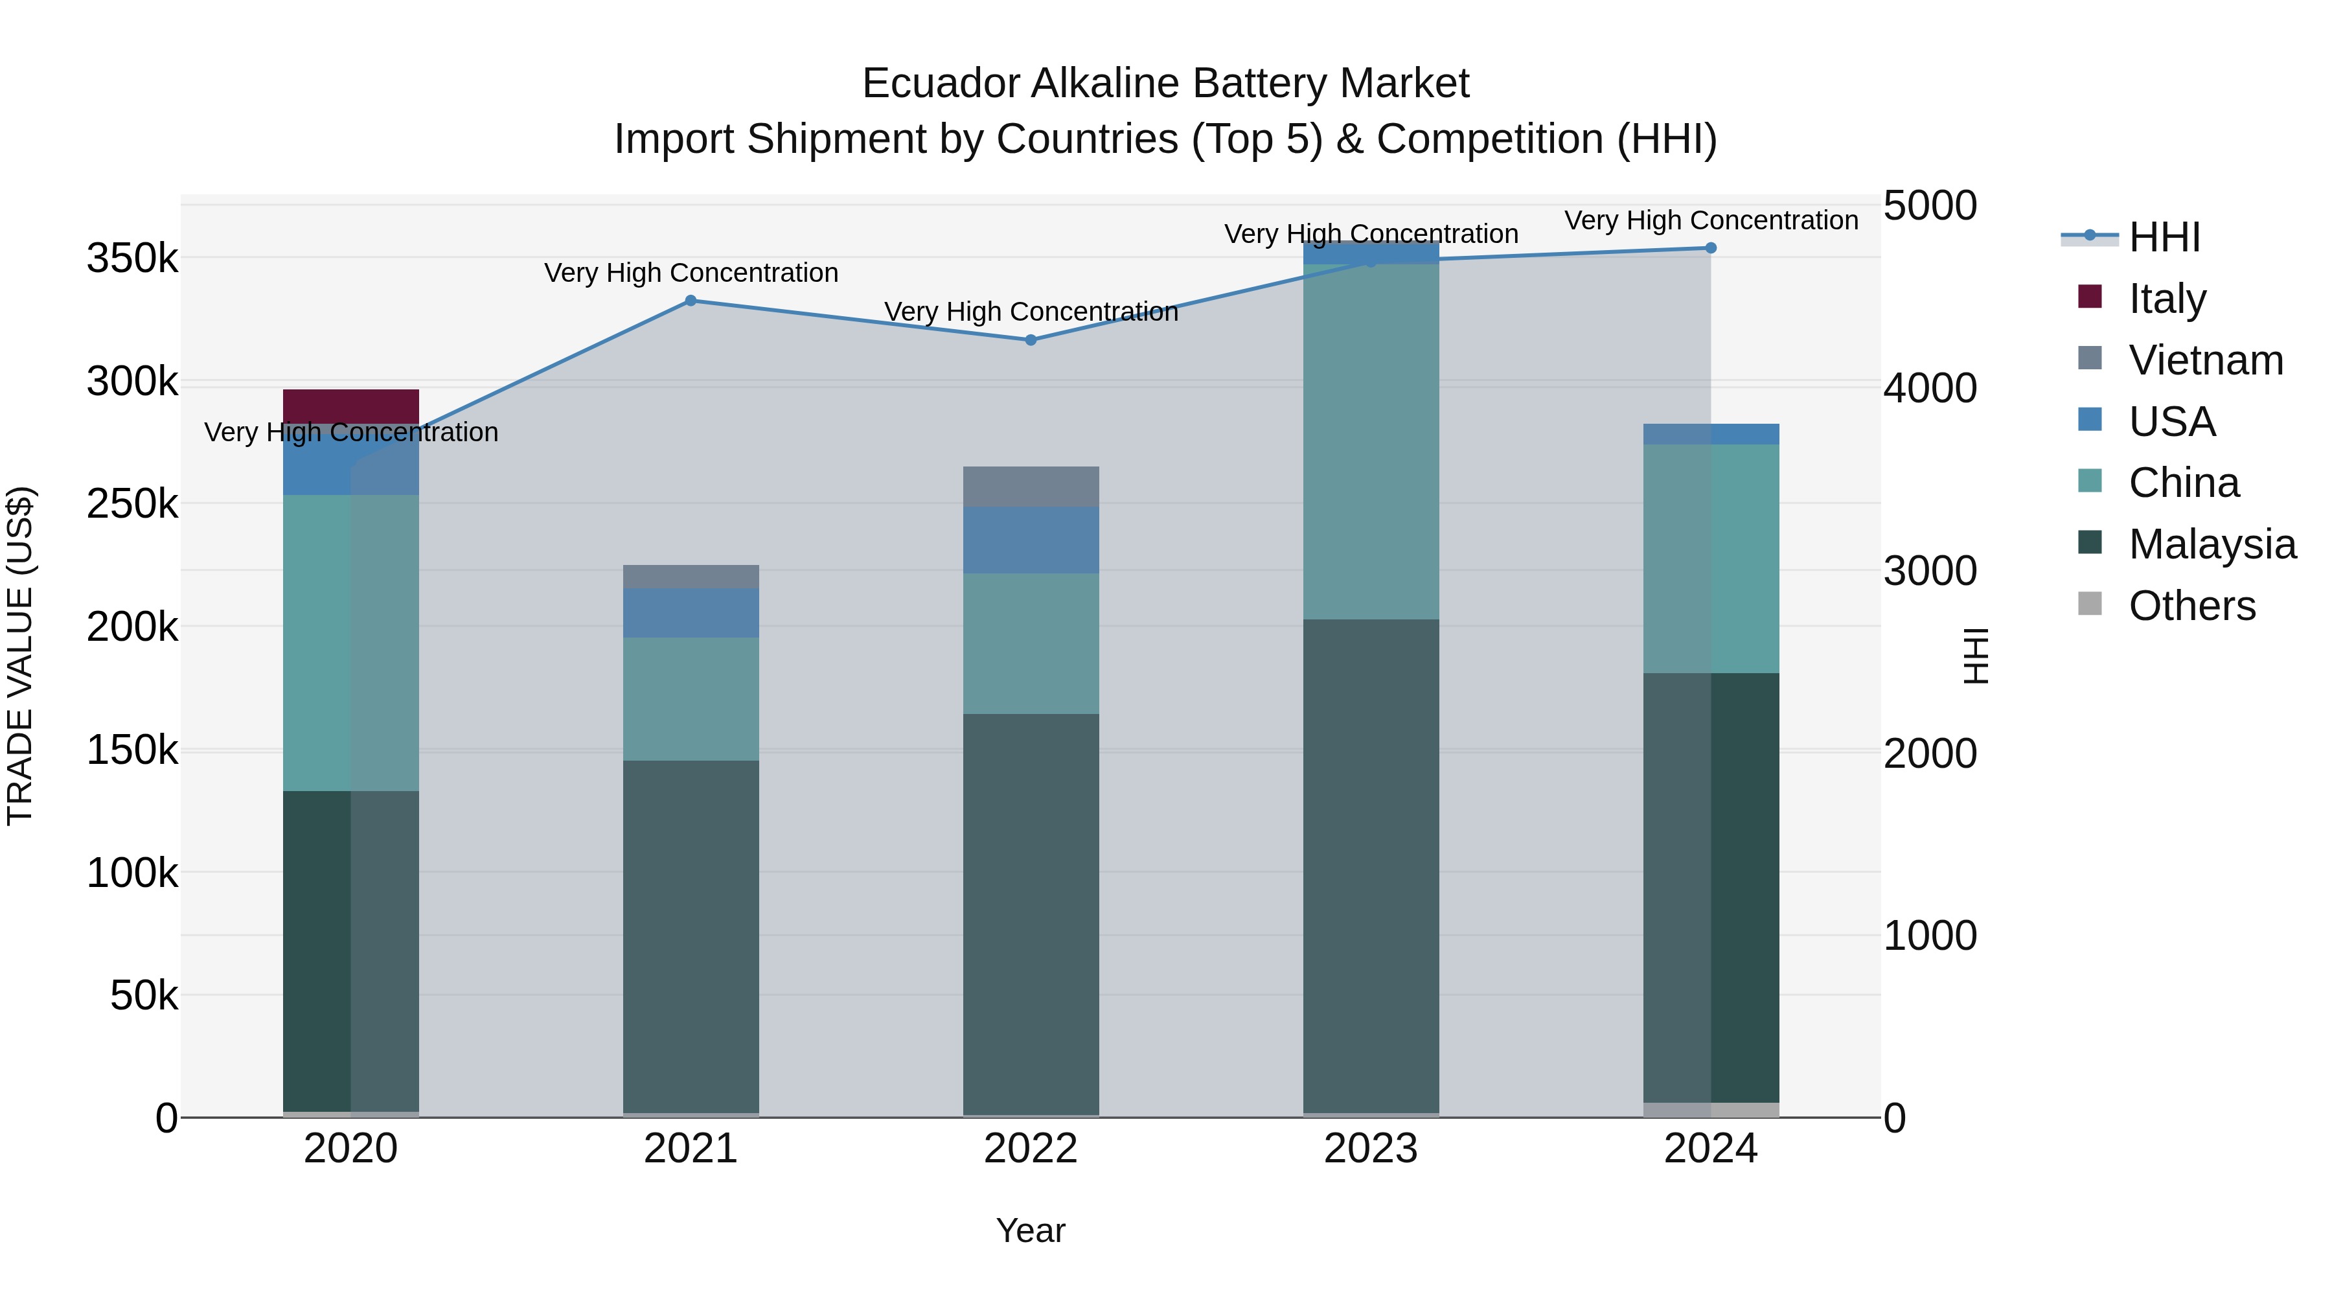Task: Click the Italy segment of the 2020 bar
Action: tap(350, 406)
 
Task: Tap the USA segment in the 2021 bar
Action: tap(691, 613)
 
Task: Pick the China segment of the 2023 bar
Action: tap(1371, 441)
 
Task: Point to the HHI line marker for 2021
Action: tap(691, 301)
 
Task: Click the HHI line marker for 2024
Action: tap(1710, 248)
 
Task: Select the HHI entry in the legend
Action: tap(2164, 237)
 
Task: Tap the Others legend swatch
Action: tap(2089, 604)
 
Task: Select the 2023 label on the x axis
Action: tap(1371, 1149)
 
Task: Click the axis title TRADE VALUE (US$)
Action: tap(20, 656)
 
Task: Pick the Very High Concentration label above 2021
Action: tap(691, 273)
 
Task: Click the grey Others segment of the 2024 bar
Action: tap(1710, 1109)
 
